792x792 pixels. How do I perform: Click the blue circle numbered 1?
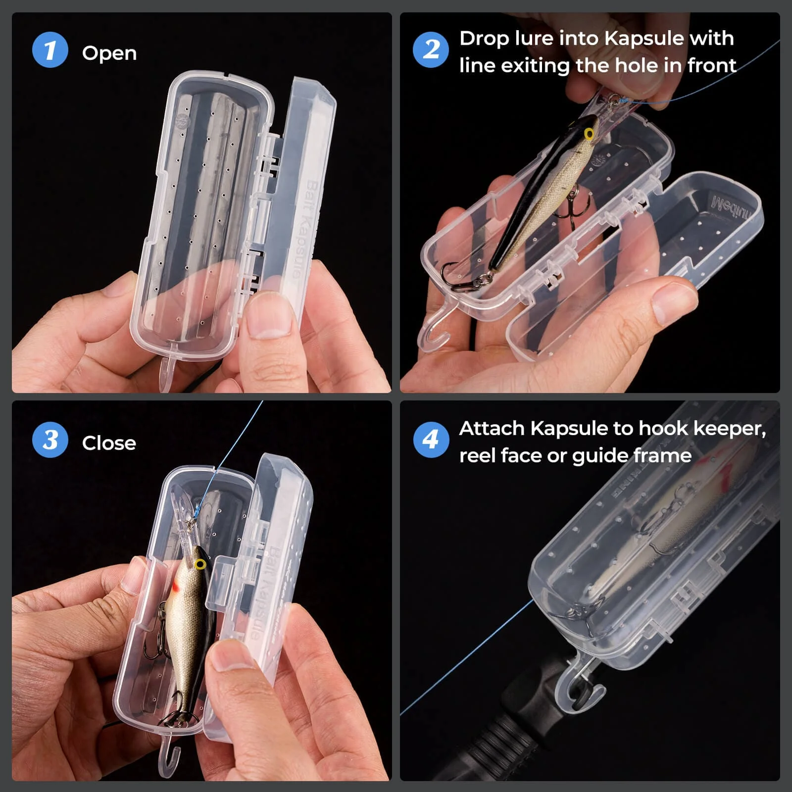click(50, 49)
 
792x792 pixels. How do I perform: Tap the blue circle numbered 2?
click(431, 49)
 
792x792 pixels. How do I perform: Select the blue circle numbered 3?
click(50, 440)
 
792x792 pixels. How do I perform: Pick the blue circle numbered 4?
click(431, 440)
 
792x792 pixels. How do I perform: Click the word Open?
click(109, 53)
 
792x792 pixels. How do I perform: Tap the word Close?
click(109, 443)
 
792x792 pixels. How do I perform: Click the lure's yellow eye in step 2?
click(589, 134)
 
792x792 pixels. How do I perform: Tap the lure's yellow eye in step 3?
click(200, 564)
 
